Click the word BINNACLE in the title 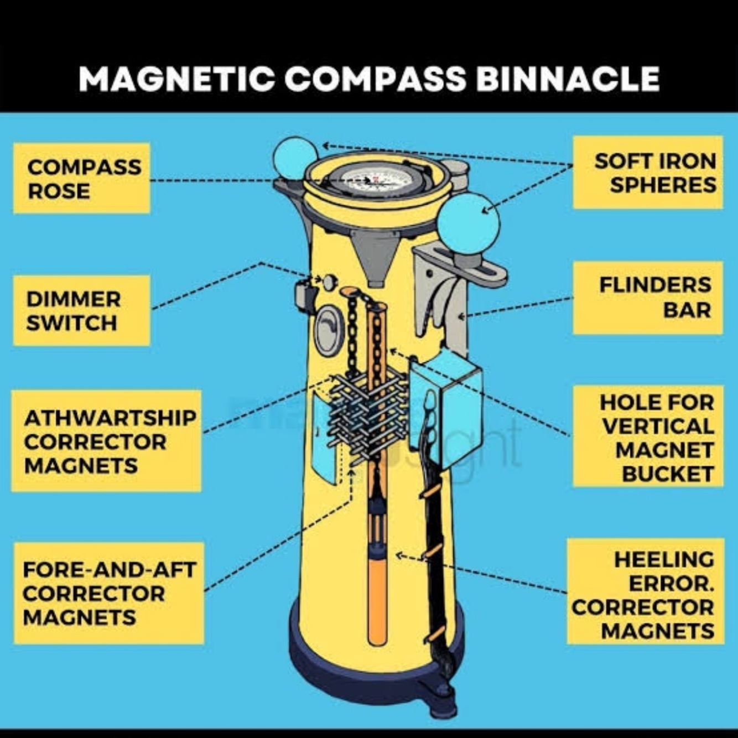click(567, 79)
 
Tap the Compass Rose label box click(82, 178)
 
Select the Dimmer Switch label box click(82, 310)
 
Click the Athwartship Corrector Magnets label click(106, 441)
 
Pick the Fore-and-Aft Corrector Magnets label click(108, 593)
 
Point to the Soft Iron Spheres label click(648, 172)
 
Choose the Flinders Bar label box click(648, 298)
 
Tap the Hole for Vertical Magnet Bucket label click(648, 436)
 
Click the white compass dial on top click(375, 179)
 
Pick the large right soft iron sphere click(468, 225)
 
